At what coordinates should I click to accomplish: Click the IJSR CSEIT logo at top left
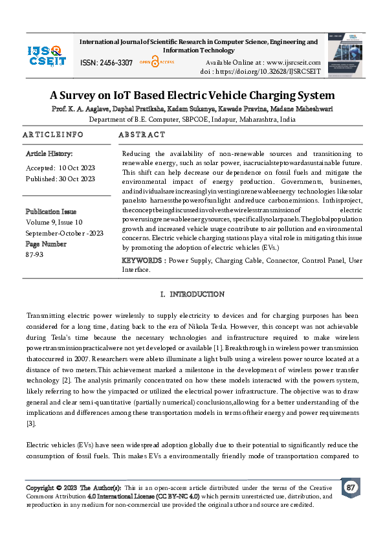coord(47,55)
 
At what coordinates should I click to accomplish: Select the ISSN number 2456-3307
coord(116,63)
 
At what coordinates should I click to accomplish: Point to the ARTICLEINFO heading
coord(53,135)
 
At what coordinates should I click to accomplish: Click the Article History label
coord(49,154)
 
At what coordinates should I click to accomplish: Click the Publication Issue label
coord(51,212)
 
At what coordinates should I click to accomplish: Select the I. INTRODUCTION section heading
coord(192,295)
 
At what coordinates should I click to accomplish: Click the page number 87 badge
coord(350,487)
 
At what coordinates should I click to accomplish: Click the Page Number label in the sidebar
coord(46,244)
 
